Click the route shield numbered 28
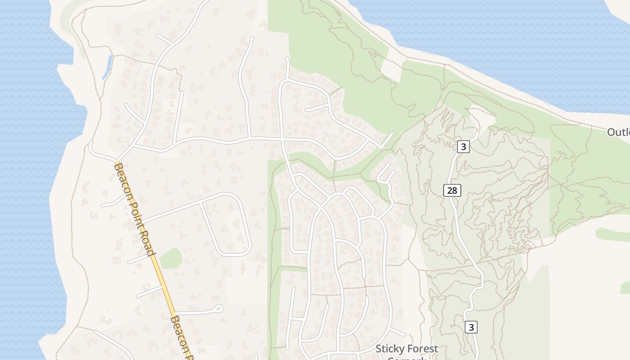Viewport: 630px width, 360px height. click(x=452, y=190)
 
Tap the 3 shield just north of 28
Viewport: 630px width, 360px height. click(x=463, y=146)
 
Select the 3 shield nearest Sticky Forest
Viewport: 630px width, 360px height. click(x=471, y=327)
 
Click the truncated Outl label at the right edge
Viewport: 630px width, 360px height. click(x=619, y=132)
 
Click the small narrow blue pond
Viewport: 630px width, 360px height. click(x=107, y=67)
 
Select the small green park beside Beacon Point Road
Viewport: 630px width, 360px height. click(x=171, y=259)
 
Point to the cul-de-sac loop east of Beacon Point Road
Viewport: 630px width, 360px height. click(x=219, y=308)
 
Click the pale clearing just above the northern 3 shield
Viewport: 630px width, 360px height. click(x=481, y=116)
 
